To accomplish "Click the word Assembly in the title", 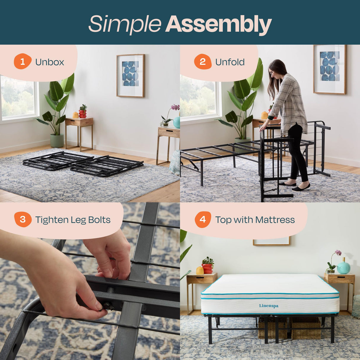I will coord(219,24).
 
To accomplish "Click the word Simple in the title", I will coord(125,24).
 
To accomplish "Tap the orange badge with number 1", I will coord(23,62).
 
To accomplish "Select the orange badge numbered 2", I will coord(203,62).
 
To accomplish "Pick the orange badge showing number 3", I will coord(23,219).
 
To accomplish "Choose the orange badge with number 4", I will coord(203,219).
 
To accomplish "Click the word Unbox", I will coord(50,62).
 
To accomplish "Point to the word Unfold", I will coord(230,62).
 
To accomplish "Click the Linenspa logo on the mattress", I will coord(269,306).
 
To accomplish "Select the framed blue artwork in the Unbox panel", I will coord(130,76).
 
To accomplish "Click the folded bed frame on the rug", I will coord(83,164).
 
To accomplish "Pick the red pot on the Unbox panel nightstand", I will coord(83,113).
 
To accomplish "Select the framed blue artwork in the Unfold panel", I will coord(329,69).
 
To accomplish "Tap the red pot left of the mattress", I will coord(207,268).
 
